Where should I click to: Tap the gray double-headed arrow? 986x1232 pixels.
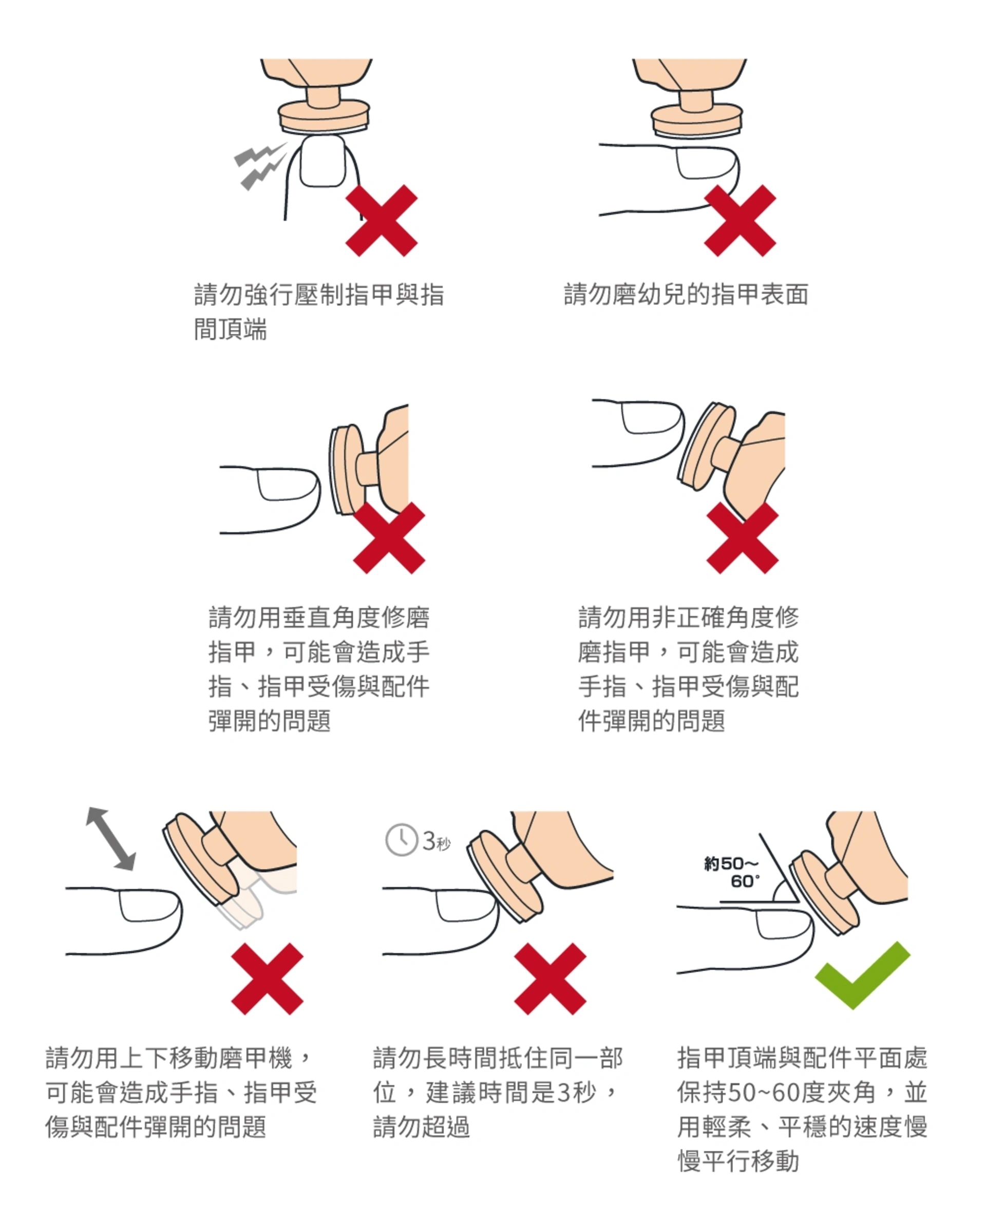(111, 839)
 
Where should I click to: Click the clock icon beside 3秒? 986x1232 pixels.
(402, 839)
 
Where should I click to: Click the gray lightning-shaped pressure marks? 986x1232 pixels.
(261, 165)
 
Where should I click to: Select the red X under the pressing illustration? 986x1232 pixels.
(381, 221)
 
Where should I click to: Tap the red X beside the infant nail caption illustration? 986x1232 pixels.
(739, 221)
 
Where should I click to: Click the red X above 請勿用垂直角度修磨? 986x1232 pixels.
(389, 537)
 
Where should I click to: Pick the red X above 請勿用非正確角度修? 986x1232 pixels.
(742, 537)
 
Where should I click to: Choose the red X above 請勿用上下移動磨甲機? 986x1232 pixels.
(267, 979)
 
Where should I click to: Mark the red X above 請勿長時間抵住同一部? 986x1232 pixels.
(550, 979)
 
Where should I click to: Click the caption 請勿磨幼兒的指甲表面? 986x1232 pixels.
(686, 295)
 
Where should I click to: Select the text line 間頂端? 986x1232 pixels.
(231, 330)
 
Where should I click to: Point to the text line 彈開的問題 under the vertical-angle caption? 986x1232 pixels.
(269, 721)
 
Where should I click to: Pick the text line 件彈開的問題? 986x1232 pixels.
(652, 721)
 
